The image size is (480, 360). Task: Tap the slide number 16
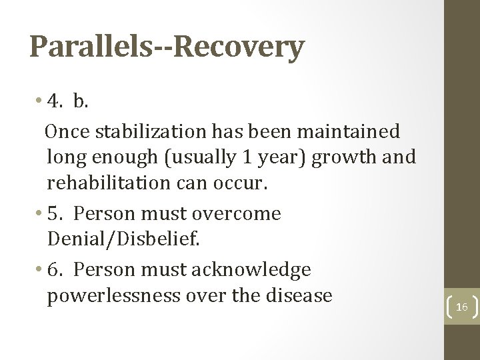click(461, 306)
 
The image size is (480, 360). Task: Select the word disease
click(296, 295)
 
